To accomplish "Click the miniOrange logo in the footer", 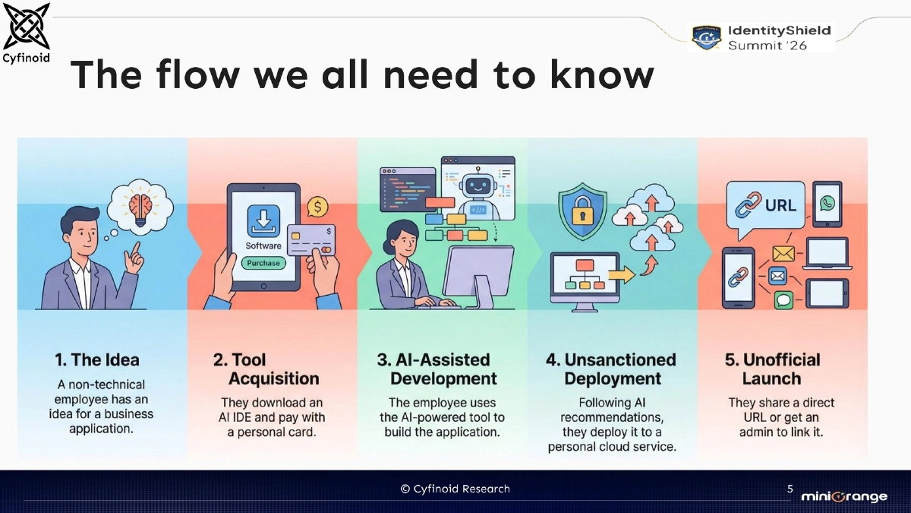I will click(843, 496).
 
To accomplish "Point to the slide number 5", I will click(790, 489).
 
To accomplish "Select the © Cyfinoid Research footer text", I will click(455, 489).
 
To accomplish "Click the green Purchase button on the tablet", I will click(263, 263).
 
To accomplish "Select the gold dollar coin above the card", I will click(317, 206).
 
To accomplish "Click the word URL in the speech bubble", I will click(780, 204).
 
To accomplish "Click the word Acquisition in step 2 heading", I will click(274, 378).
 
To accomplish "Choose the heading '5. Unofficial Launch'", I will click(772, 369).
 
